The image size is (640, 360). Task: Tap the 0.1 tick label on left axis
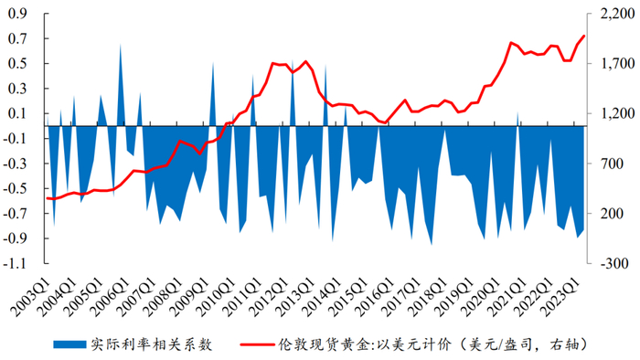click(x=18, y=114)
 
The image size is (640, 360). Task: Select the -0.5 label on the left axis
click(x=16, y=189)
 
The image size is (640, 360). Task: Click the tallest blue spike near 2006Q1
click(x=120, y=46)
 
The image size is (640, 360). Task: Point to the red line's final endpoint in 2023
click(x=583, y=37)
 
